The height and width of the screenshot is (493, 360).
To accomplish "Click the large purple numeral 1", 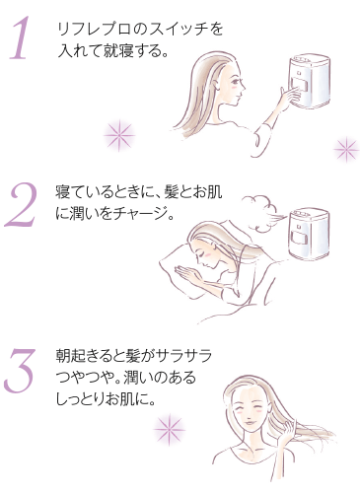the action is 20,37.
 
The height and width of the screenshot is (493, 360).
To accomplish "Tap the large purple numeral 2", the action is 20,205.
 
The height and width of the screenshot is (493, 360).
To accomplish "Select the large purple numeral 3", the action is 19,371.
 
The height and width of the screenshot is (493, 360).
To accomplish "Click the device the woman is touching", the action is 309,81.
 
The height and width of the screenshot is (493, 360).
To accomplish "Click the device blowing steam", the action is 309,234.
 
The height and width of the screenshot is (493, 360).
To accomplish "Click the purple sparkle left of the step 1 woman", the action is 119,135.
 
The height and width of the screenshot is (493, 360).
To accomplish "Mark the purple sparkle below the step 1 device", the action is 346,149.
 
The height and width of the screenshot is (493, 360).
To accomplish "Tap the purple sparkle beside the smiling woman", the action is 170,429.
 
